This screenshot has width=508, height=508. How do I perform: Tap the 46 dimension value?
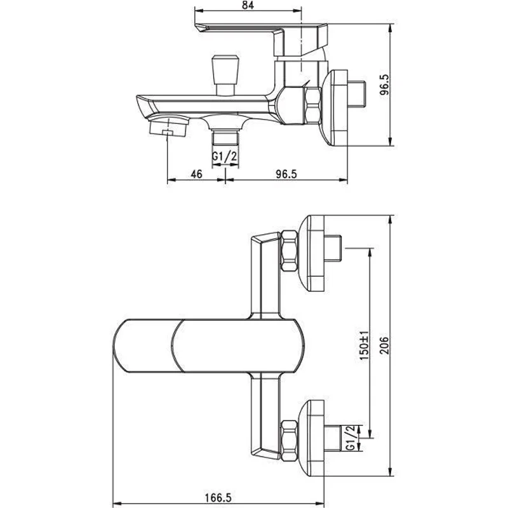[x=196, y=174]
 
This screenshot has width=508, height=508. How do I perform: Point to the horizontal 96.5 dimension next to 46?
[x=286, y=174]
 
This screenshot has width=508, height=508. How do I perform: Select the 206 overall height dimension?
[x=384, y=347]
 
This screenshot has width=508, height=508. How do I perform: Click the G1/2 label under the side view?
[x=225, y=155]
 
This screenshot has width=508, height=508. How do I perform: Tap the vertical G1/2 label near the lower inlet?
[x=351, y=438]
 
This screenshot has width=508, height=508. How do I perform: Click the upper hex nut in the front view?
[x=290, y=253]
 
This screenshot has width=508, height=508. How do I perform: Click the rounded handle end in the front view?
[x=143, y=347]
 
